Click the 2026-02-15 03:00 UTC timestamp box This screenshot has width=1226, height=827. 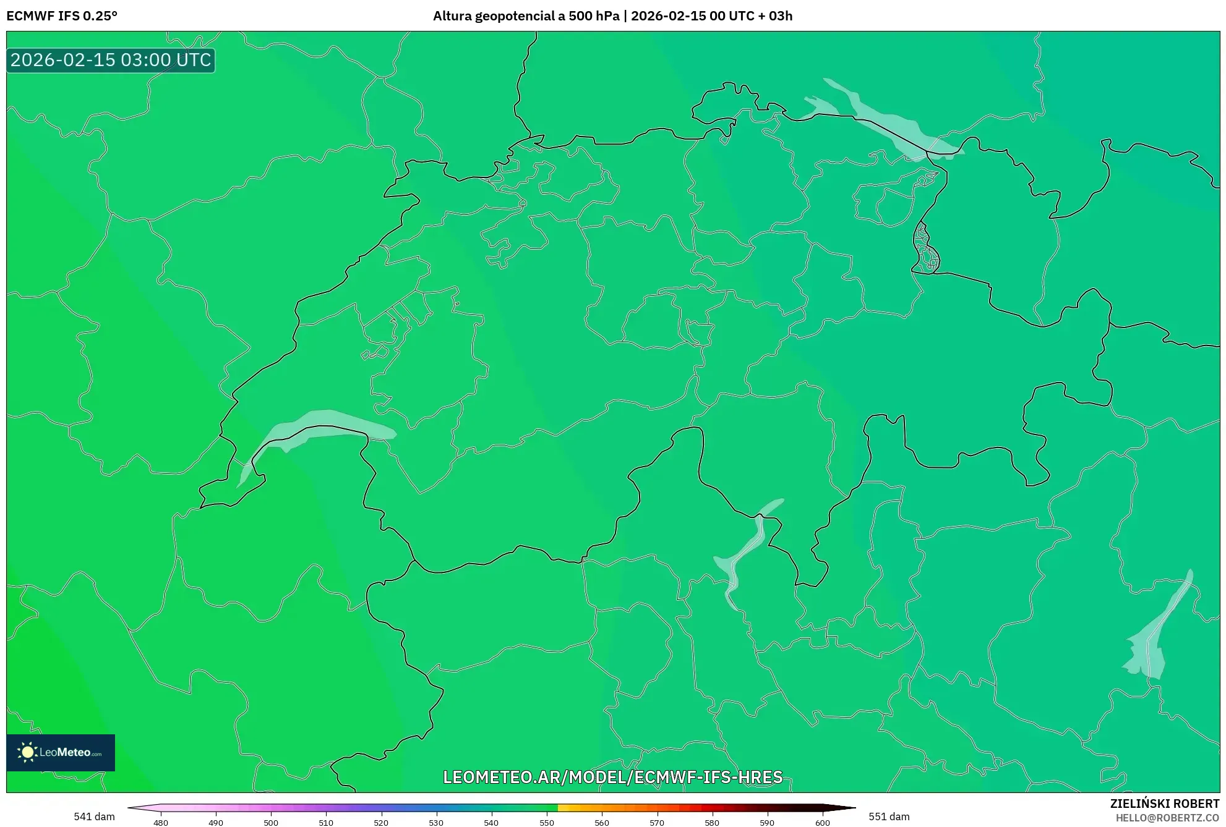tap(111, 60)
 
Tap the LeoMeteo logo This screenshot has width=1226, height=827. tap(61, 752)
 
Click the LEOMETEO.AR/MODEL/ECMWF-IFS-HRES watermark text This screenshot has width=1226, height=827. tap(612, 777)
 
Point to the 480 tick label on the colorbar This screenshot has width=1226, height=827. tap(161, 823)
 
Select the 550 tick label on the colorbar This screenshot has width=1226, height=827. tap(547, 823)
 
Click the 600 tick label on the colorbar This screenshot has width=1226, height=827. tap(822, 823)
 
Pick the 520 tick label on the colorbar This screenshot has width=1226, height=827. tap(381, 823)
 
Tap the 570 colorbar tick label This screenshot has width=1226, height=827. tap(657, 823)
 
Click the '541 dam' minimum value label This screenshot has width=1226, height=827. tap(94, 816)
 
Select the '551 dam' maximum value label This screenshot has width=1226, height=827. tap(889, 816)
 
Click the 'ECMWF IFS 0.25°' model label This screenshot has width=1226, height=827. tap(62, 16)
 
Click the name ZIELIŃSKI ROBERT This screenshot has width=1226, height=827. tap(1165, 804)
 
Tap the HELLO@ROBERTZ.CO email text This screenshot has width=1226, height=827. tap(1167, 818)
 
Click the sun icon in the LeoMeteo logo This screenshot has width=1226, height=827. tap(27, 752)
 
